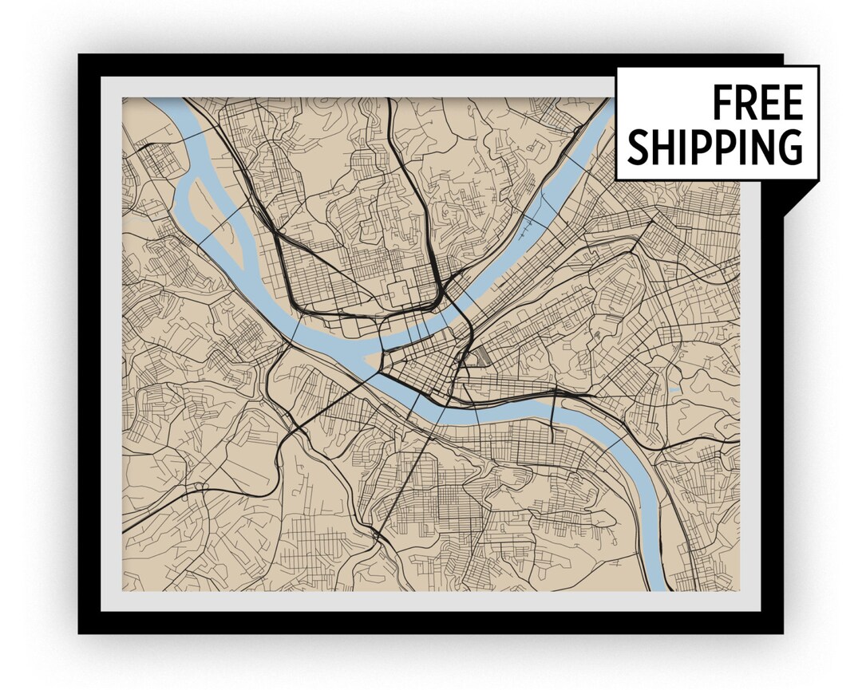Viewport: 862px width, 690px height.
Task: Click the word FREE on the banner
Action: pos(757,103)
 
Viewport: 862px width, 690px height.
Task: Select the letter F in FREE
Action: pos(722,103)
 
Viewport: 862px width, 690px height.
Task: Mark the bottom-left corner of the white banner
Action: pos(617,179)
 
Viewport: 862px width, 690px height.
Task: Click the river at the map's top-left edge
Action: pos(163,101)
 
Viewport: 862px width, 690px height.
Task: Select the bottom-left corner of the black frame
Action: pos(79,633)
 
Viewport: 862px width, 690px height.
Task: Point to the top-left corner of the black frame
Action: pos(79,55)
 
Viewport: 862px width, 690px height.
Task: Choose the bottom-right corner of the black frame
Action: pos(781,633)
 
